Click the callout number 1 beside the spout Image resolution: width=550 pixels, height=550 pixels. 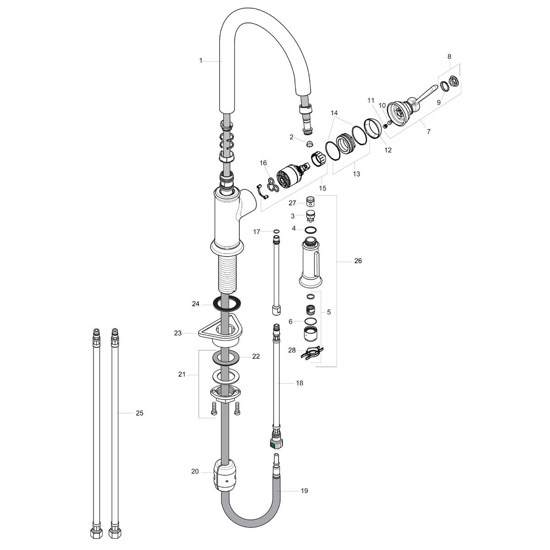click(x=200, y=60)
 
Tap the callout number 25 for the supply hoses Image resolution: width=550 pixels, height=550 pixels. click(x=139, y=413)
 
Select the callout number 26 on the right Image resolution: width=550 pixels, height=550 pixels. click(x=358, y=261)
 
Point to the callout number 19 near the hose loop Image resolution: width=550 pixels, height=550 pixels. click(x=304, y=491)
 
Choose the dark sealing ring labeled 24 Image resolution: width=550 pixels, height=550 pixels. click(x=227, y=303)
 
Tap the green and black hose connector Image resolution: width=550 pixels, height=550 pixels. click(x=275, y=443)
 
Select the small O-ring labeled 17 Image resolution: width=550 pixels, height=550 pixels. click(x=276, y=232)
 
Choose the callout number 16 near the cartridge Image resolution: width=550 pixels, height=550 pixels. click(x=263, y=163)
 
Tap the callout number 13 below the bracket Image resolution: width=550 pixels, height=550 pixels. click(x=357, y=174)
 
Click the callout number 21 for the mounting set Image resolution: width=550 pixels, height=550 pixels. click(x=182, y=374)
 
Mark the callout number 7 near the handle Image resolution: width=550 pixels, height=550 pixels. click(x=429, y=132)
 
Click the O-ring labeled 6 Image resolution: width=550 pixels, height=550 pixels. click(x=310, y=321)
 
